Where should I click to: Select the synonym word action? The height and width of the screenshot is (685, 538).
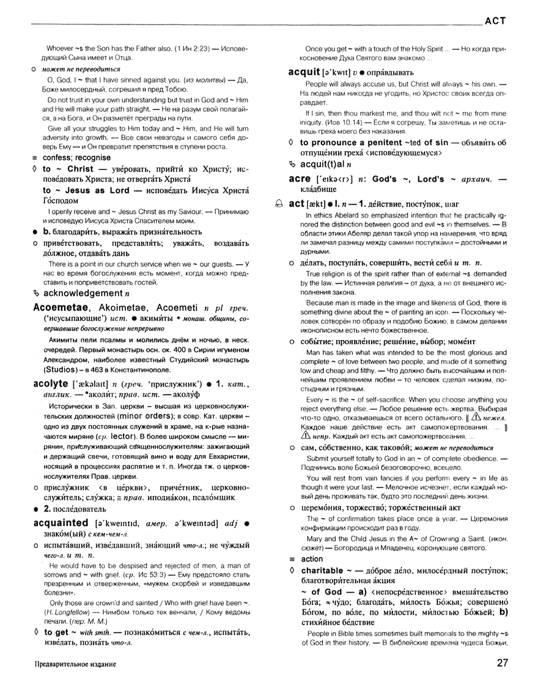coord(312,558)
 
